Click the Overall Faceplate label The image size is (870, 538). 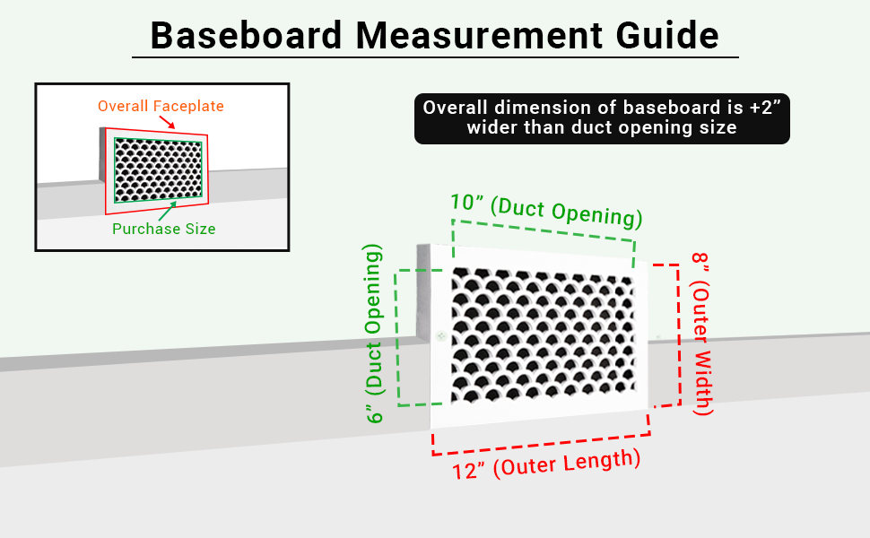161,106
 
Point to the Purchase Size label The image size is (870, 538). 163,229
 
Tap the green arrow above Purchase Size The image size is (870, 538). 168,210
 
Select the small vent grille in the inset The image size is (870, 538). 158,170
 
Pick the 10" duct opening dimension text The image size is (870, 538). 546,211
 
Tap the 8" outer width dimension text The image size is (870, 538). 702,334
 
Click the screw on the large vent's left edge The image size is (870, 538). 440,337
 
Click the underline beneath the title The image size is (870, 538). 435,58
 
